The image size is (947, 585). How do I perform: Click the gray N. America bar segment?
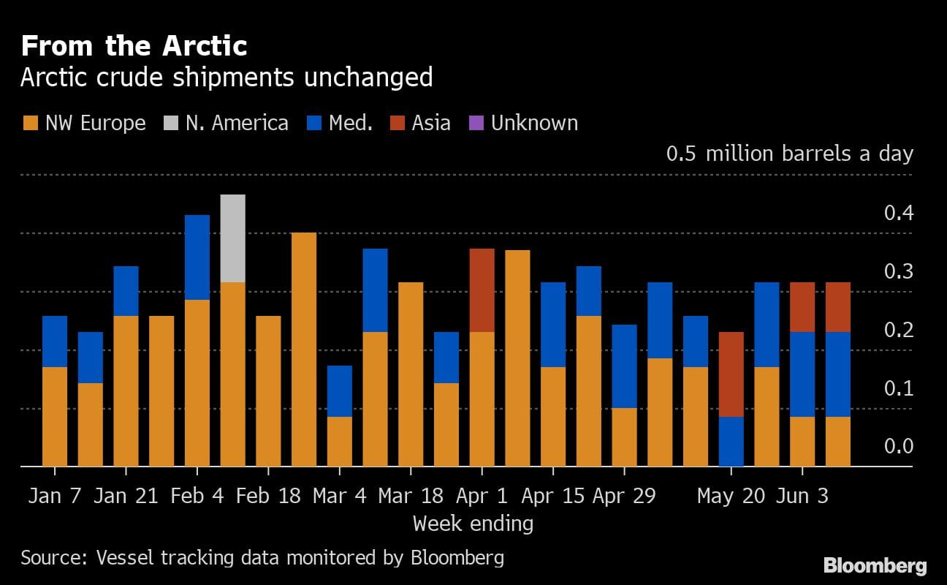click(x=232, y=238)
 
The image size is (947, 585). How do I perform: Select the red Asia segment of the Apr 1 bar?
click(x=482, y=290)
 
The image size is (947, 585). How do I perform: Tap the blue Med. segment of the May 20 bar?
click(x=731, y=442)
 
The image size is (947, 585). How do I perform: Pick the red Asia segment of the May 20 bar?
click(x=731, y=374)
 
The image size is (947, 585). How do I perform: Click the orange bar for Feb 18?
click(x=268, y=391)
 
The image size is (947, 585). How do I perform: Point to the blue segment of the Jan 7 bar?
click(x=55, y=341)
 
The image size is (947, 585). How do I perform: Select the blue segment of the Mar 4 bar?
click(x=340, y=391)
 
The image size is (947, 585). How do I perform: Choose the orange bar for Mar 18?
click(x=411, y=374)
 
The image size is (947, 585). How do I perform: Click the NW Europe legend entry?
click(x=83, y=123)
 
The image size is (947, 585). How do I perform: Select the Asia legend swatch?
click(x=398, y=123)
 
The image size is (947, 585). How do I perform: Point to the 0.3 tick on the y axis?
click(x=898, y=272)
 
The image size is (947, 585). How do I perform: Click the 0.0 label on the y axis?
click(x=898, y=447)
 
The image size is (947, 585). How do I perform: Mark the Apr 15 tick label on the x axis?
click(x=553, y=496)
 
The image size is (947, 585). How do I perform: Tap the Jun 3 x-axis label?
click(x=802, y=496)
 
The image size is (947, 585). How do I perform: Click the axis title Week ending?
click(x=473, y=524)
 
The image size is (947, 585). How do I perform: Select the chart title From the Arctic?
click(x=134, y=46)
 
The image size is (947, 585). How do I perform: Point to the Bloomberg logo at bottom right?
click(x=875, y=565)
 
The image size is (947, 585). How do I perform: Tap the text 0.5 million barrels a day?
click(x=789, y=154)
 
